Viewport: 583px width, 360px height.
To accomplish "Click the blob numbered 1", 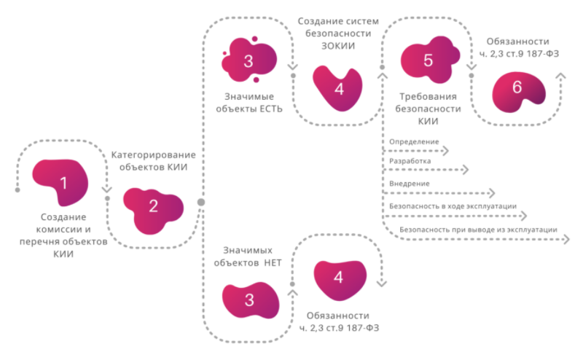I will click(63, 182).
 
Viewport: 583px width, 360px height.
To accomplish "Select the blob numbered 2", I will click(153, 207).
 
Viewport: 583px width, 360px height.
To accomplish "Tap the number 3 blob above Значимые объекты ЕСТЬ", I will click(247, 62).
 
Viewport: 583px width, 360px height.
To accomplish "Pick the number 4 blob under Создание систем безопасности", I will click(337, 88).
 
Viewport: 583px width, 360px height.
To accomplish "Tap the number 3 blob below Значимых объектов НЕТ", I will click(250, 300).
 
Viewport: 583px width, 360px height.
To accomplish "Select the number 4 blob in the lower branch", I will click(337, 277).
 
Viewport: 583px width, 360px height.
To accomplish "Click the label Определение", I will click(414, 140).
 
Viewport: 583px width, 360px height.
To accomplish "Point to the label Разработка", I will click(410, 160).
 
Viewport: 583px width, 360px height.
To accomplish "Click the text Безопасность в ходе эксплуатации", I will click(453, 206).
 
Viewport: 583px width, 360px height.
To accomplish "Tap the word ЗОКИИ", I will click(337, 46).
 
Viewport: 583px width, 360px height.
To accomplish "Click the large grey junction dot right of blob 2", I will click(200, 202).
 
